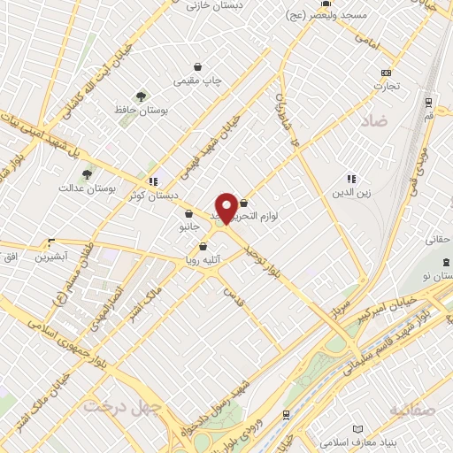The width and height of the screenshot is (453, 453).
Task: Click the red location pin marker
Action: tap(226, 207)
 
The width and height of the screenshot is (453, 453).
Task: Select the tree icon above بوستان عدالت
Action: tap(86, 174)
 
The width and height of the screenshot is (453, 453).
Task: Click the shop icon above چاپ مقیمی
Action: tap(197, 66)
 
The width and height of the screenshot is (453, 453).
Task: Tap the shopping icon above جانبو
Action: tap(188, 213)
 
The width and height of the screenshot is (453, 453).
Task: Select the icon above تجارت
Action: tap(385, 73)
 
